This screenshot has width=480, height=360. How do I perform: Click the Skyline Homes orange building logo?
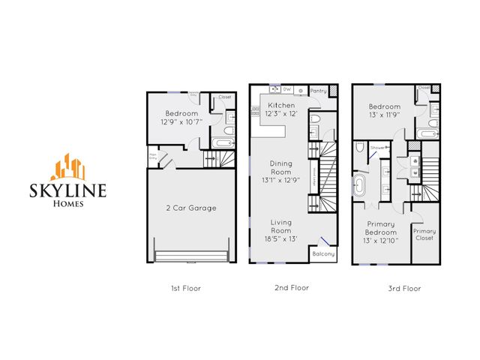[73, 166]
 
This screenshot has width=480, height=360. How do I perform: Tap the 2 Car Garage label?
[190, 208]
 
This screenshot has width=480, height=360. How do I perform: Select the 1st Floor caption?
[185, 288]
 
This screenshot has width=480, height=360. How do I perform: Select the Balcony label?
[323, 253]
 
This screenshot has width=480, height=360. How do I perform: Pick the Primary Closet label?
[424, 235]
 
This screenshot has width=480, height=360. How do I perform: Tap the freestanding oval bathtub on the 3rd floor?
[361, 186]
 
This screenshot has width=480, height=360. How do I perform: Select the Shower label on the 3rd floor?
[378, 148]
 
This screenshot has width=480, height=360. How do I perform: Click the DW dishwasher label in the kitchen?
[286, 89]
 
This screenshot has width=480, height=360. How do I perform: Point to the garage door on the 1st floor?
[190, 256]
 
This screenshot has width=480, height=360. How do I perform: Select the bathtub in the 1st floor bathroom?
[223, 140]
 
